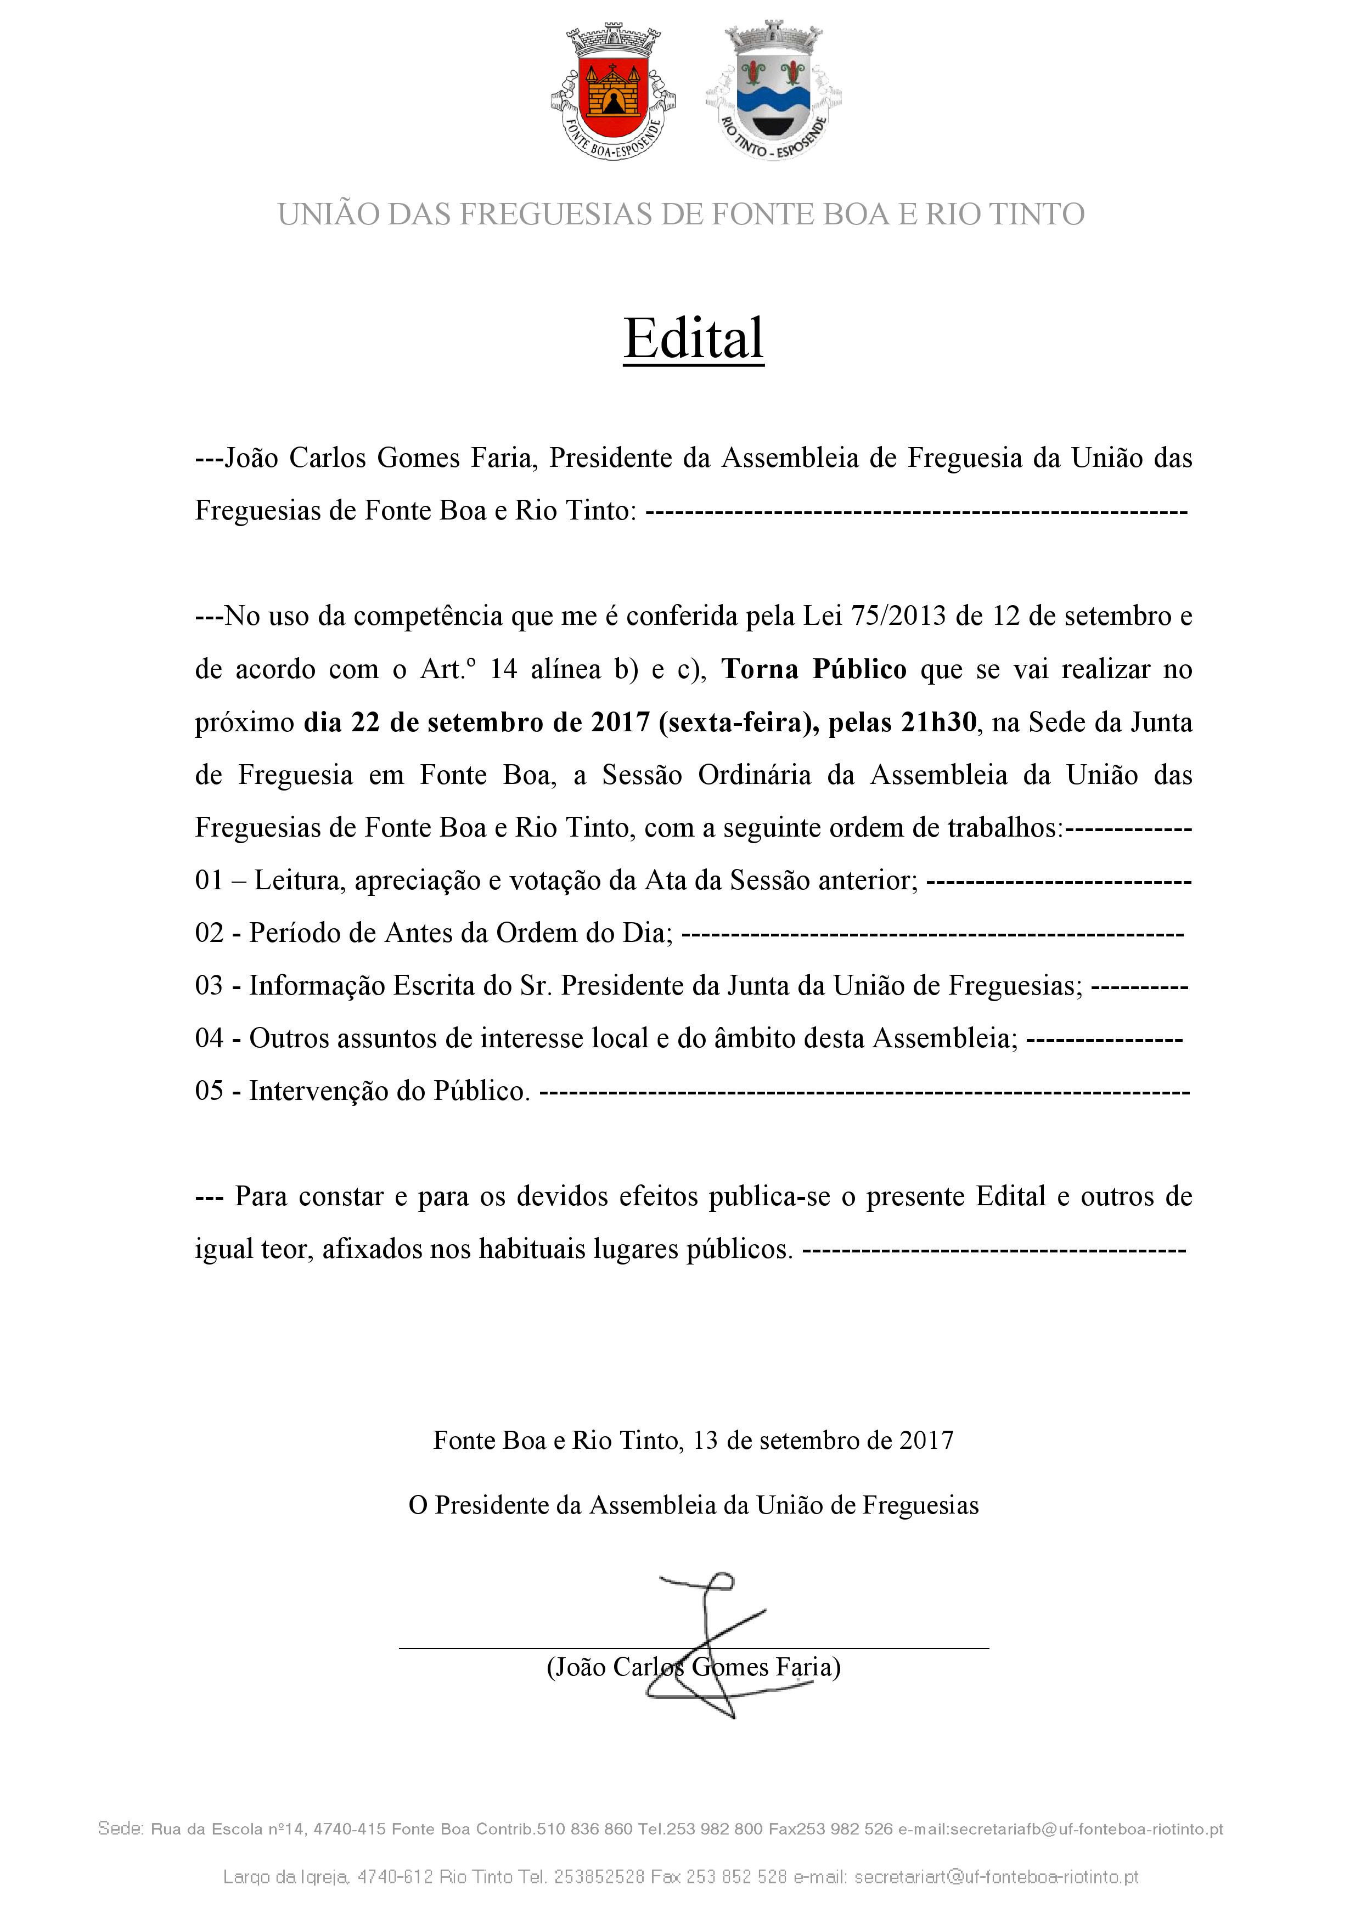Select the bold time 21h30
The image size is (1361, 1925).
938,722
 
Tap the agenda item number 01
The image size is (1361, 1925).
209,880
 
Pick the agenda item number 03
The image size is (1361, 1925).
209,986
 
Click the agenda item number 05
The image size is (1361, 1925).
209,1091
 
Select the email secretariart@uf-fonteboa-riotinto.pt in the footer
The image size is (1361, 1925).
996,1877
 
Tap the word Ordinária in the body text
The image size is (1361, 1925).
755,775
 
